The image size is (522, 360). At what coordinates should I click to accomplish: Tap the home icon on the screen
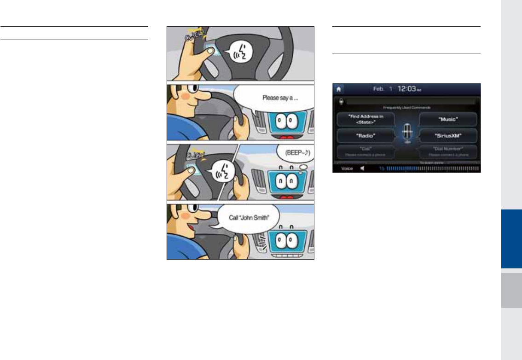tap(338, 89)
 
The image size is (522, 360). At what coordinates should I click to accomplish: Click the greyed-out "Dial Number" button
tap(447, 151)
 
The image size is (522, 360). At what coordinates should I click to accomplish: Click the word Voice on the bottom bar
tap(348, 169)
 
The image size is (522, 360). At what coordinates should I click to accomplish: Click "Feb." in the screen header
tap(379, 89)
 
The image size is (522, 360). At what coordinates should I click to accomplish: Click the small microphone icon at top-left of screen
tap(341, 101)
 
